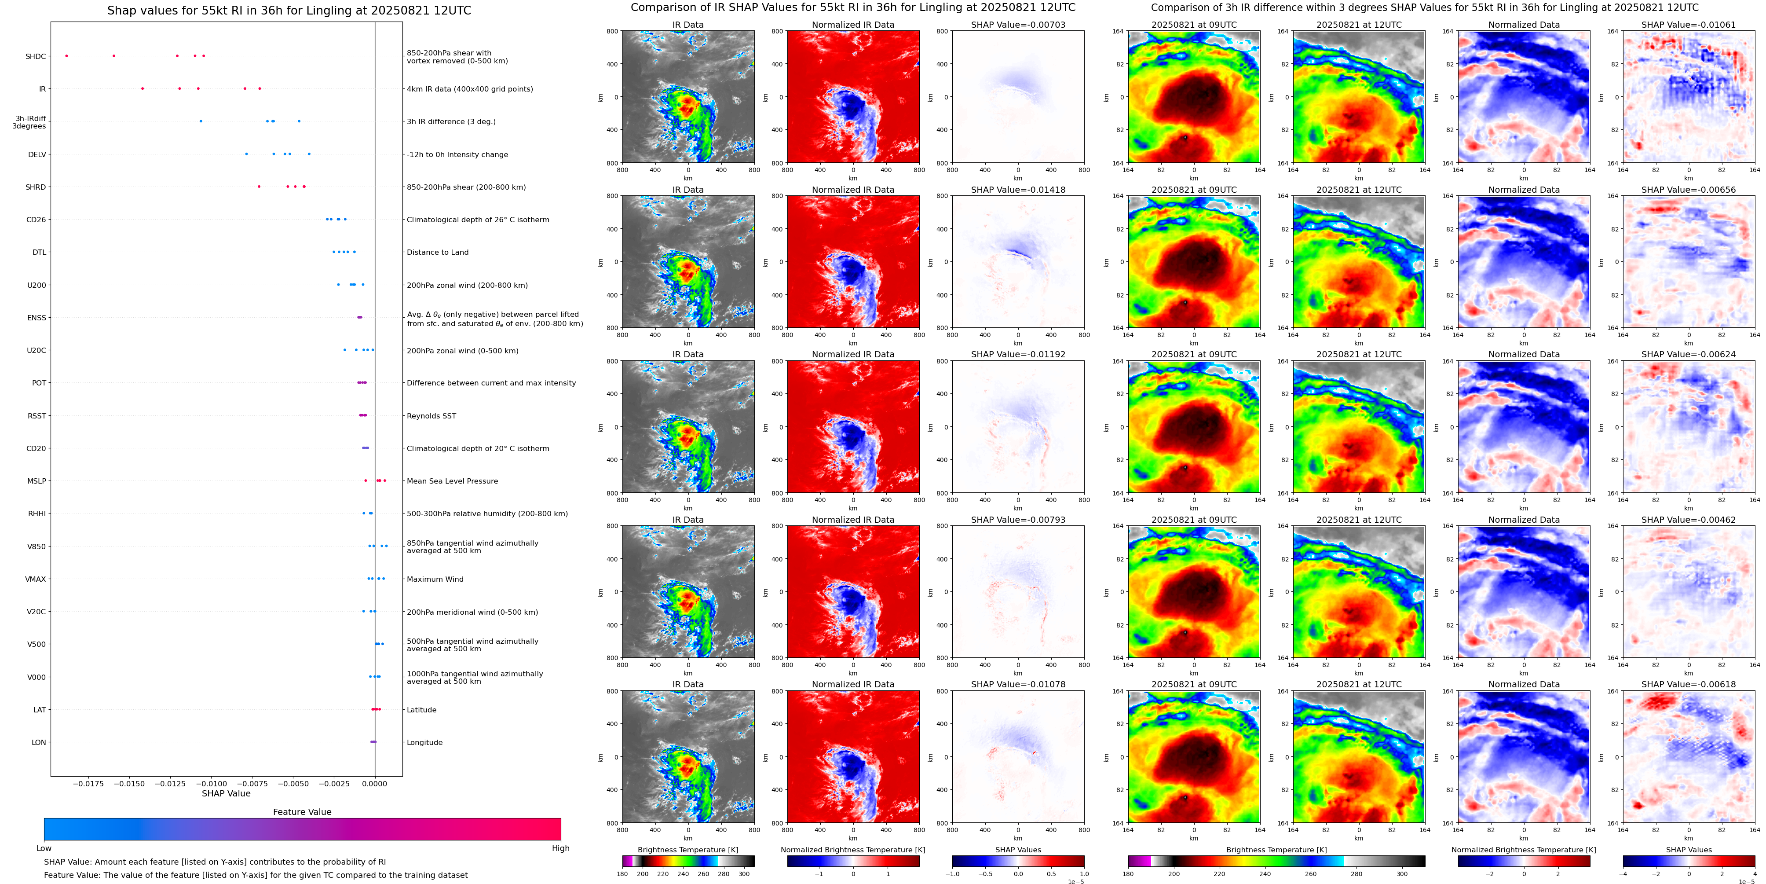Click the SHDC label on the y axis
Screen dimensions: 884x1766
36,56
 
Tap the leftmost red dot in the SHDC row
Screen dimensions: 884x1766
66,55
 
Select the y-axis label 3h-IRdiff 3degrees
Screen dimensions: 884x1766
29,122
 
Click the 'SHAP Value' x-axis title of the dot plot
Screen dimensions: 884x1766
226,793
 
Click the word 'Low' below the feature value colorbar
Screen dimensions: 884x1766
44,848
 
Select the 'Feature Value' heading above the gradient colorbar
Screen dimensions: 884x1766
302,812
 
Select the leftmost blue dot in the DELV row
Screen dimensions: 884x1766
247,154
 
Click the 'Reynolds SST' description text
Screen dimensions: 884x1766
431,415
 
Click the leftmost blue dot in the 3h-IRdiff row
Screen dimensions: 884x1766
201,121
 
